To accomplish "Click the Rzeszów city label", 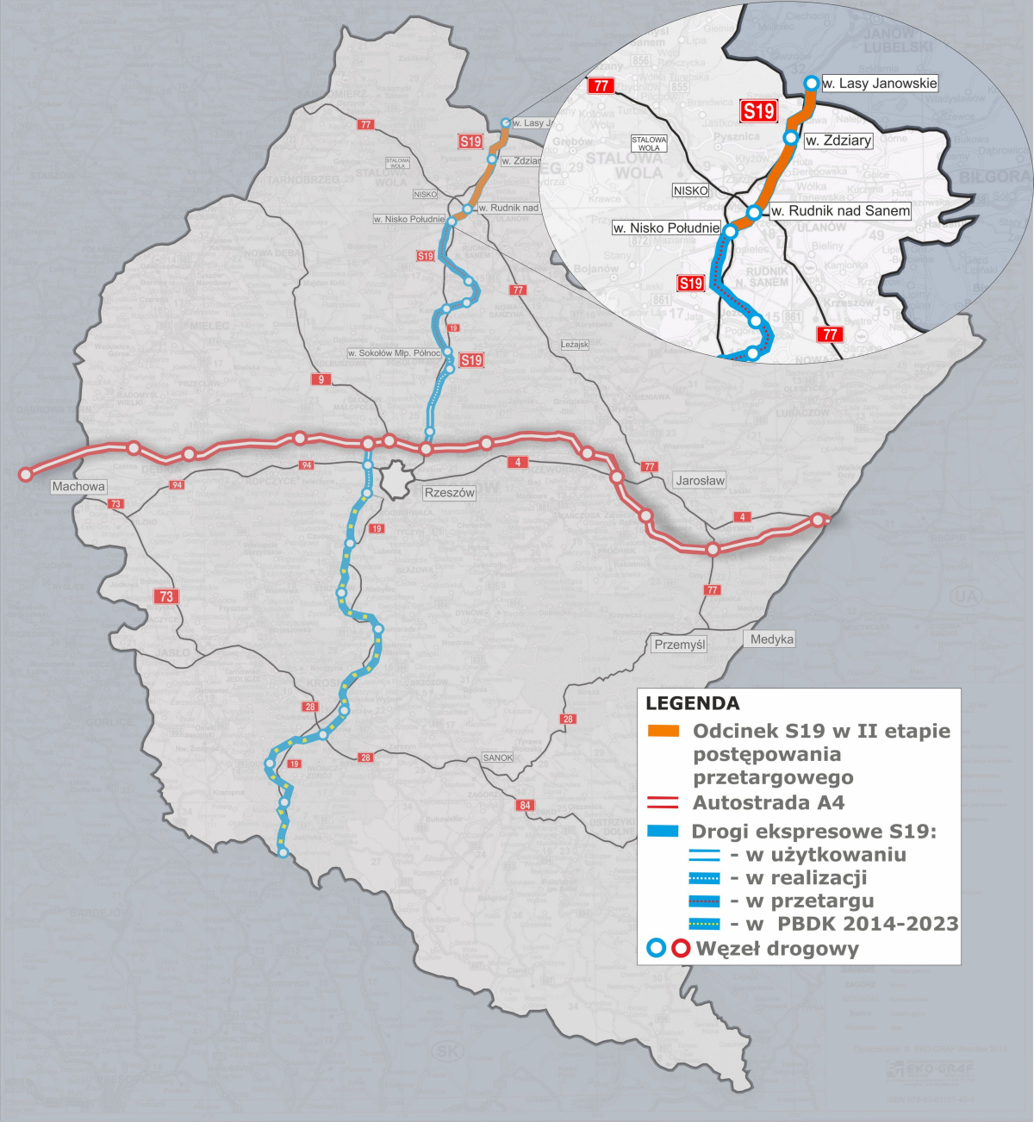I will pos(449,493).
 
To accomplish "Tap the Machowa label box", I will pos(78,487).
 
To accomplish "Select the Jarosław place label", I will pos(701,480).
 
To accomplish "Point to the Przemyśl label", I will pos(680,644).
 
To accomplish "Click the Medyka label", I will pos(771,639).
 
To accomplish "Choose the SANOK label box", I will pos(498,757).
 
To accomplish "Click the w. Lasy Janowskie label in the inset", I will pos(879,84).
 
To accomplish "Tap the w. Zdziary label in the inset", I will pos(838,140).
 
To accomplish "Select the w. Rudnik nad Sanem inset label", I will pos(840,210).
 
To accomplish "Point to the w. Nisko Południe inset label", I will pos(666,228).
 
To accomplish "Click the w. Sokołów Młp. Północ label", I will pos(395,353).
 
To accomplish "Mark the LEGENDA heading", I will pos(692,703).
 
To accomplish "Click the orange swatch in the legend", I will pos(663,732).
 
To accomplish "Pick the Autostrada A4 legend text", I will pos(769,803).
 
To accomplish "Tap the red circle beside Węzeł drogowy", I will pos(682,949).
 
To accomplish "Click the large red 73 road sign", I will pos(166,595).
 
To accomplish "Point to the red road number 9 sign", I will pos(321,379).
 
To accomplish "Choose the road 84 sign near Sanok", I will pos(525,805).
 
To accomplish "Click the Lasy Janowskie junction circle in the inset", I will pos(811,83).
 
